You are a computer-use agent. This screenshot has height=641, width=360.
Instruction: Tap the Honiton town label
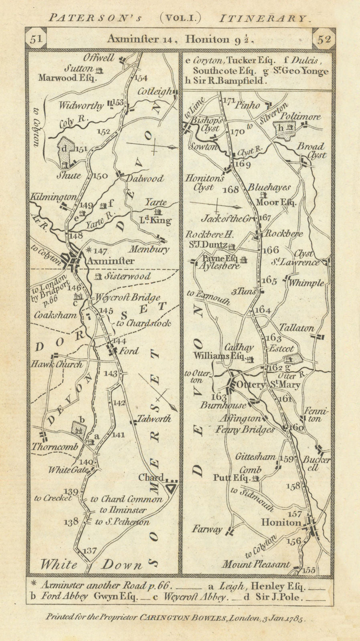[281, 522]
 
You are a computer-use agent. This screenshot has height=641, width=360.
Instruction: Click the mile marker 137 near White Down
[89, 551]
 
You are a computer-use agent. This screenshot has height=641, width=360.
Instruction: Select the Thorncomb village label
[55, 447]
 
